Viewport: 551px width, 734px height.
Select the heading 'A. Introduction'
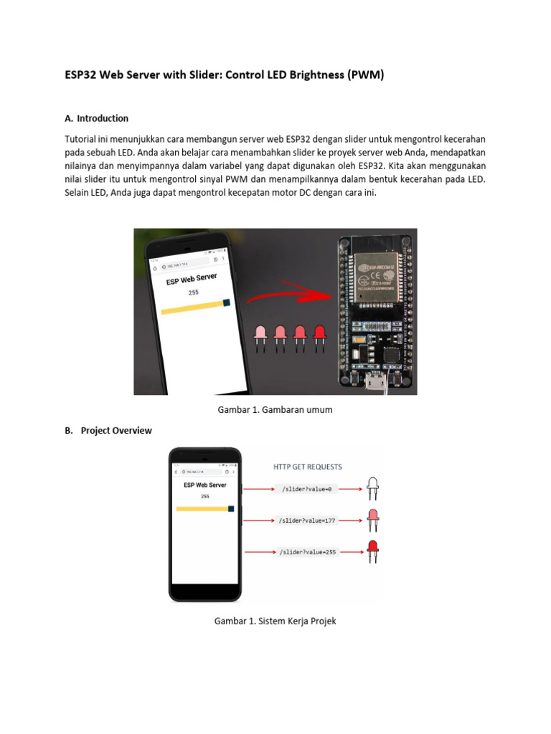point(96,118)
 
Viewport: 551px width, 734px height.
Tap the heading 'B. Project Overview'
point(108,431)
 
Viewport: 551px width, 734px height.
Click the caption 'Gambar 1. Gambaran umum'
point(275,410)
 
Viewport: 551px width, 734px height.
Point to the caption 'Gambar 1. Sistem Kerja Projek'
point(275,621)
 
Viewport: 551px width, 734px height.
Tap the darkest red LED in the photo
point(319,333)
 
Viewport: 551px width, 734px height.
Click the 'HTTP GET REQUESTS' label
point(308,467)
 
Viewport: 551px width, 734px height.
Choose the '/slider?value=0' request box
point(305,490)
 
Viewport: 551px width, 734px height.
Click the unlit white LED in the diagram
point(372,487)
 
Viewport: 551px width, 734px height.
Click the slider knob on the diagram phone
point(231,509)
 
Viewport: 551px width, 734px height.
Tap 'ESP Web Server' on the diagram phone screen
point(204,485)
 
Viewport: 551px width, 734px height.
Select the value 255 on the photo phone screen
point(193,292)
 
